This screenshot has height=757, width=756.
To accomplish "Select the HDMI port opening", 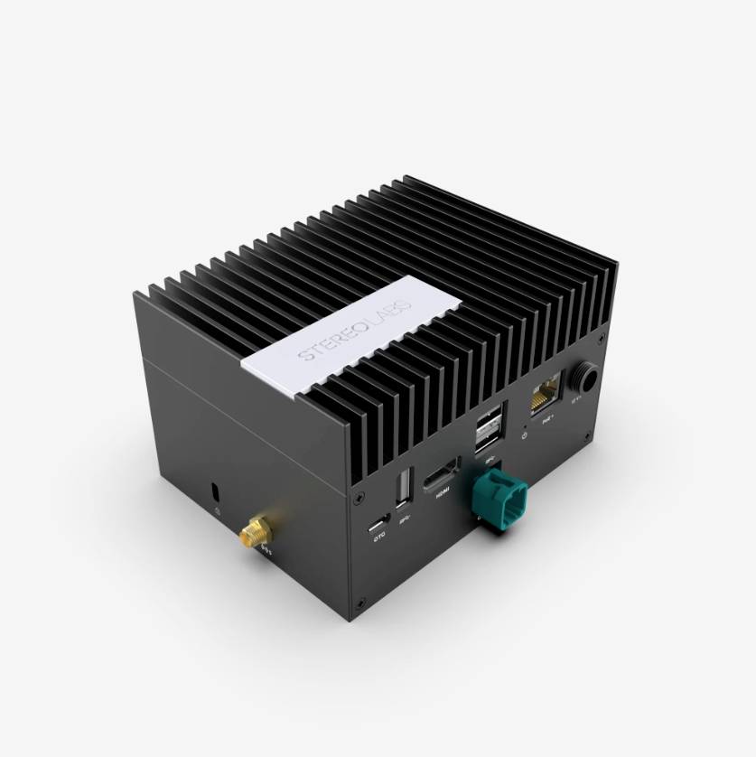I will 444,473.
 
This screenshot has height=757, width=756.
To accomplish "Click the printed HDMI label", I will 443,493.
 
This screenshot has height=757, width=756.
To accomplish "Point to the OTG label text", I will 379,538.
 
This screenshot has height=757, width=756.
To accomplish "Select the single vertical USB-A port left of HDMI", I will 402,486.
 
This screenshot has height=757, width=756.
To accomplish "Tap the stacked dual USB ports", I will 489,428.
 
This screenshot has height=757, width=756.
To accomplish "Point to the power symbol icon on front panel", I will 526,436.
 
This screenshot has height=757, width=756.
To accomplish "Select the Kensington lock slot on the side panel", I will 215,491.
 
